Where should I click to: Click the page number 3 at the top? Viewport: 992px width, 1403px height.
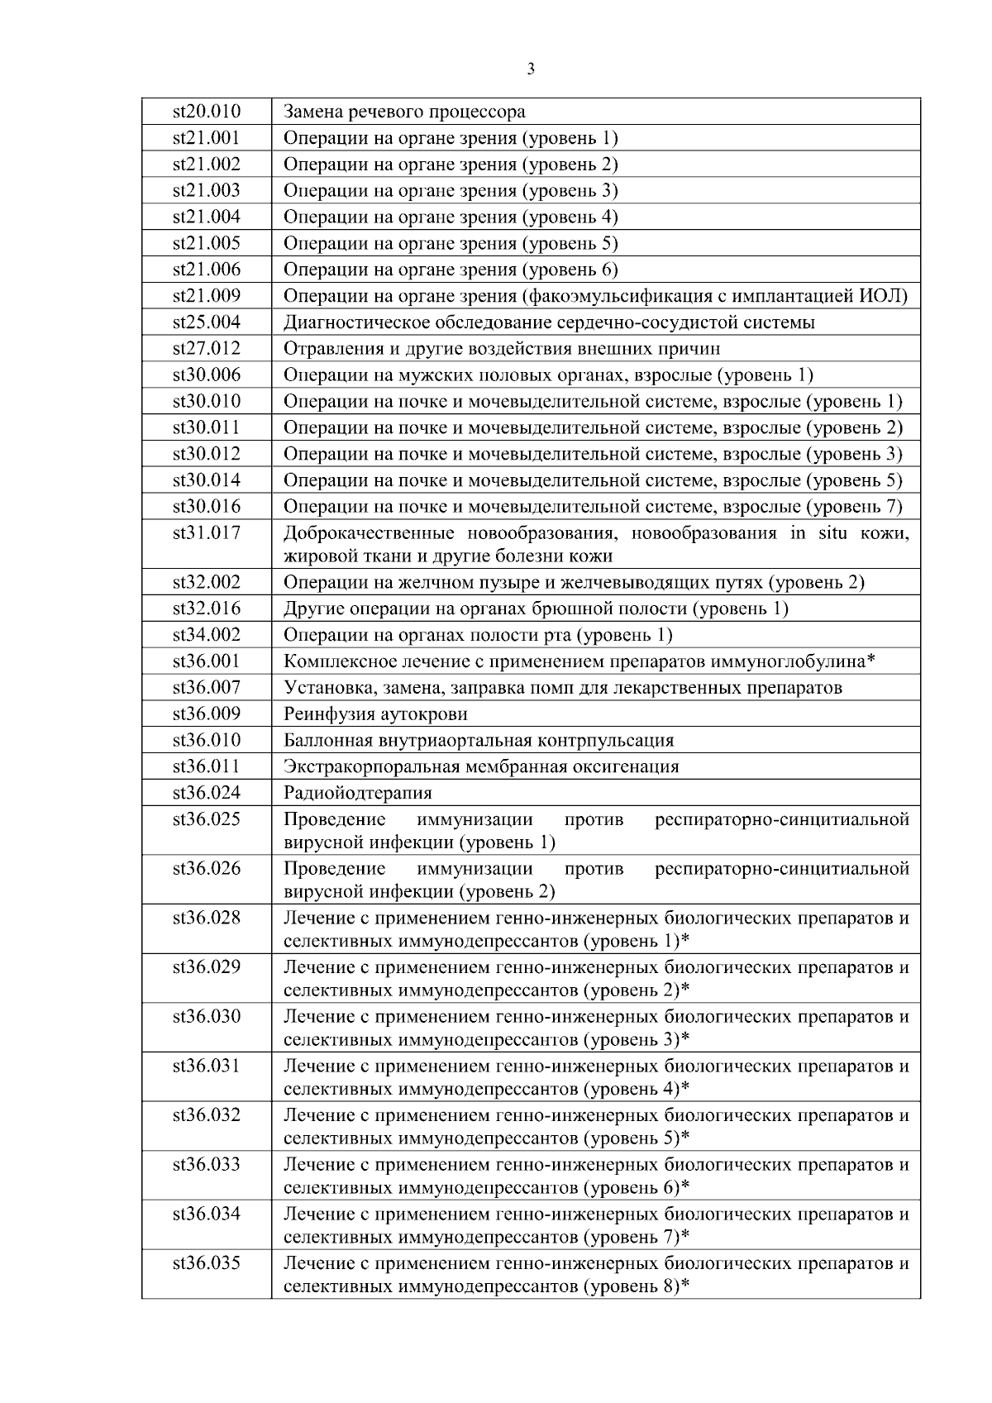click(530, 69)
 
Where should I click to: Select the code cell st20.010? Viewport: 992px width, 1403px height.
click(206, 112)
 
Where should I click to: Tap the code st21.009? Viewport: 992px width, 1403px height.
click(206, 296)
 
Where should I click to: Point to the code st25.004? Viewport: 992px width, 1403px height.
click(206, 322)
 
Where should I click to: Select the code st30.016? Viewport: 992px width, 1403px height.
click(206, 507)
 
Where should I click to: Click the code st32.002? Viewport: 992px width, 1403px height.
click(206, 583)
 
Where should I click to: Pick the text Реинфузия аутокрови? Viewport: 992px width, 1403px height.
click(375, 714)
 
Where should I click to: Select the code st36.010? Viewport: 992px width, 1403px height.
click(206, 741)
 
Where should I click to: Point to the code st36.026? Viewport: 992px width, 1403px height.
click(206, 869)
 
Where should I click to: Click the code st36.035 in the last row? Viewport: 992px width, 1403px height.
click(206, 1264)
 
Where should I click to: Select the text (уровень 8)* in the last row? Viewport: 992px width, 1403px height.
click(637, 1287)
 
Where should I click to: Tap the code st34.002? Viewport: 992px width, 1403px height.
click(206, 636)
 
